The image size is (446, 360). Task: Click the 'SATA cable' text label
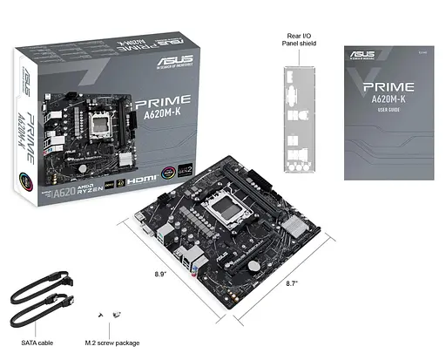click(37, 343)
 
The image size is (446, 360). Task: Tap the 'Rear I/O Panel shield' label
click(295, 42)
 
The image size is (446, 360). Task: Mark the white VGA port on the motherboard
click(143, 229)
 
